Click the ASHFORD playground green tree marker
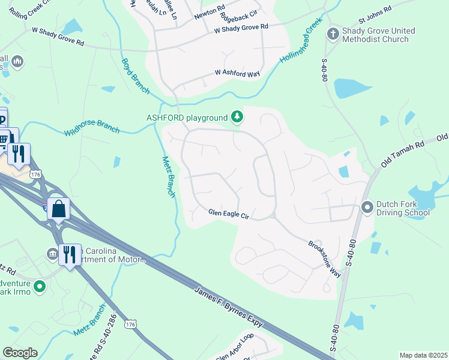(x=238, y=117)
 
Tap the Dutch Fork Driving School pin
(x=367, y=208)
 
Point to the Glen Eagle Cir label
(x=228, y=213)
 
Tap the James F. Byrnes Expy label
(x=229, y=307)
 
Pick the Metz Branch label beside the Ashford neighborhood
(x=169, y=177)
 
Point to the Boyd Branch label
(x=135, y=76)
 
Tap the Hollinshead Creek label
(x=301, y=46)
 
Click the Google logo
(x=20, y=353)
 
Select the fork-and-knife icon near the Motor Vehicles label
(x=71, y=255)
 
